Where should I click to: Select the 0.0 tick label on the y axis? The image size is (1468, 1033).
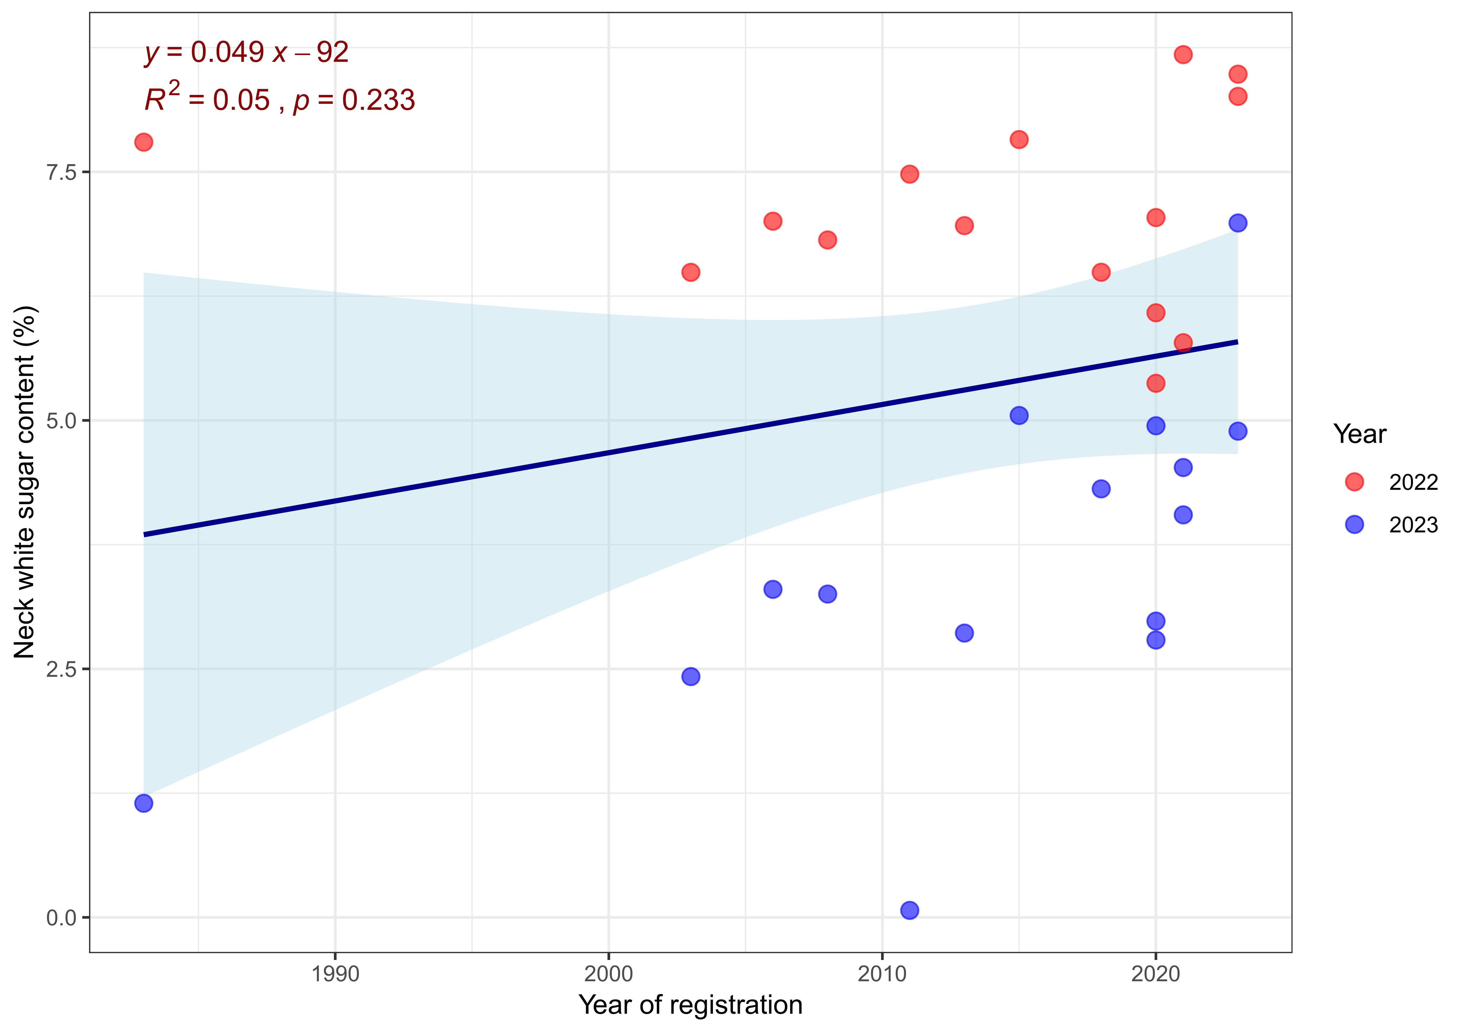[x=61, y=918]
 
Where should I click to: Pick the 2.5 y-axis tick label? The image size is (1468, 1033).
[x=61, y=669]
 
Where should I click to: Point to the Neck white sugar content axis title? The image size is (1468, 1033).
[x=25, y=483]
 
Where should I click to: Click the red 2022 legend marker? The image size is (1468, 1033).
[x=1354, y=482]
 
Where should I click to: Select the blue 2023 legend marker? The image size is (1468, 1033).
[x=1354, y=525]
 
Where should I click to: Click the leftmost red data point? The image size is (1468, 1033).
[x=144, y=142]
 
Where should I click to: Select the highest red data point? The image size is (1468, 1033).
[x=1183, y=54]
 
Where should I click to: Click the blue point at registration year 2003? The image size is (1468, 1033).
[x=691, y=676]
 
